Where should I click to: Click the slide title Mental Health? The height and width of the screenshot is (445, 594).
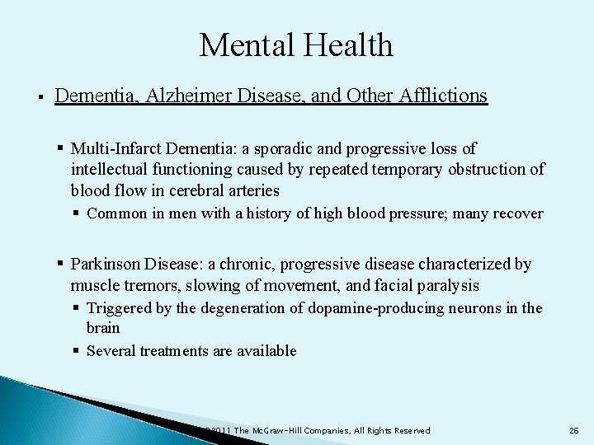[296, 45]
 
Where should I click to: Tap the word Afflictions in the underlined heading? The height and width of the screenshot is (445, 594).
[441, 96]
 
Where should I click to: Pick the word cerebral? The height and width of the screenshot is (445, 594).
[182, 190]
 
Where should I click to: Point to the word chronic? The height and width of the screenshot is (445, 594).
[245, 265]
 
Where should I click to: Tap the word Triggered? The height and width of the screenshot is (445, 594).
[120, 308]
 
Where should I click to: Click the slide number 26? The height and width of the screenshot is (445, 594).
[574, 431]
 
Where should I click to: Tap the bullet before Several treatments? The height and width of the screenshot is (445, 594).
[76, 351]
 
